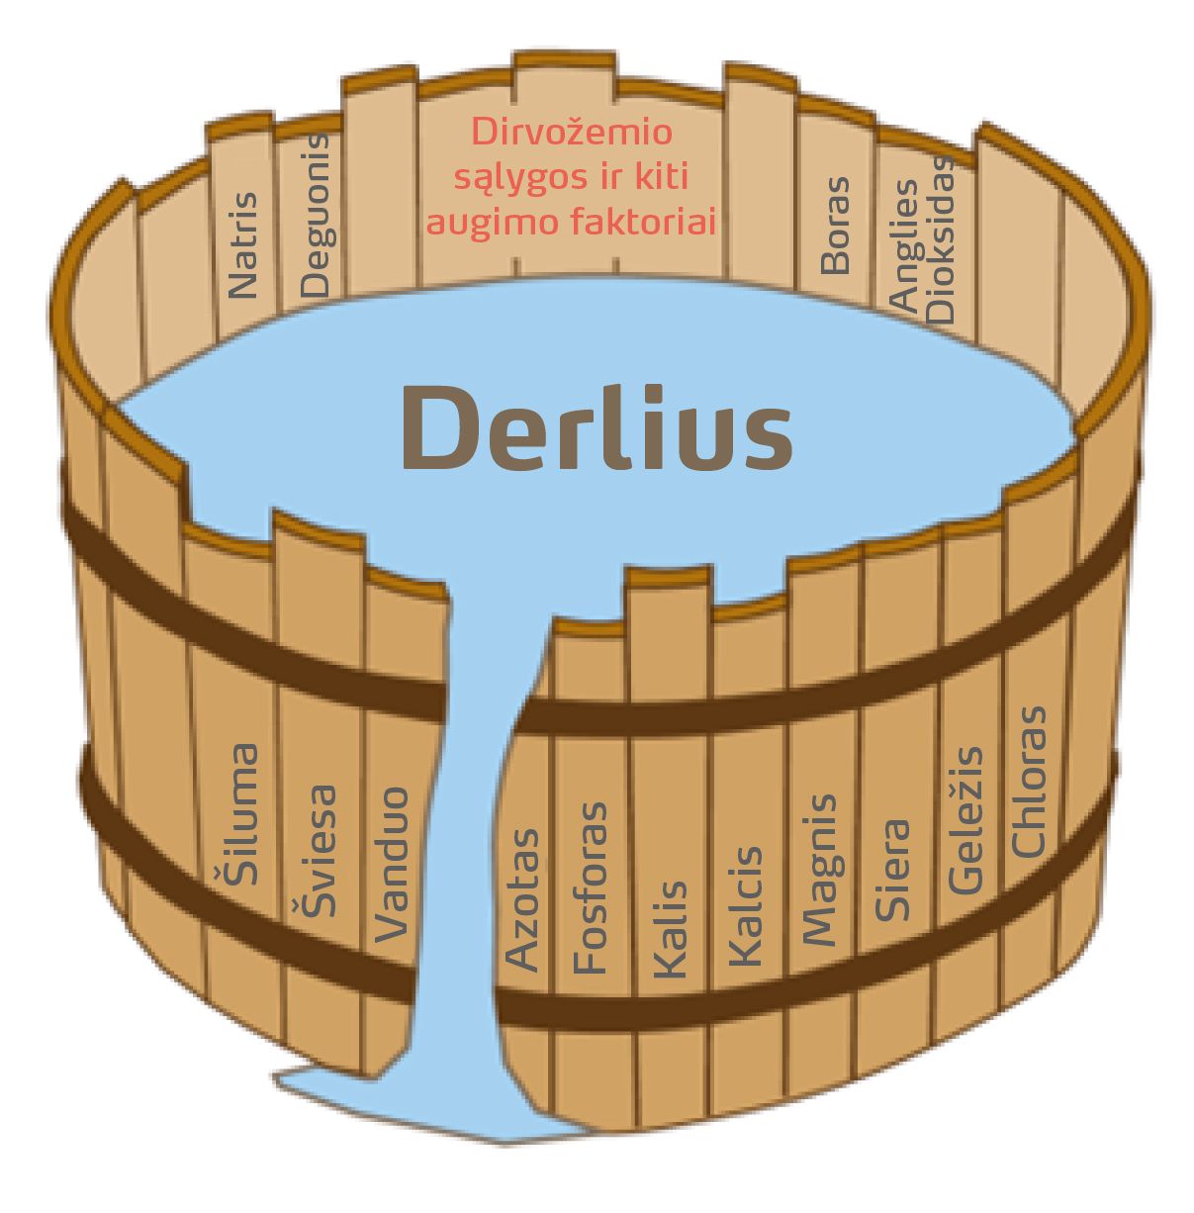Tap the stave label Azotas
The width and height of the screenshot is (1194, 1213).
click(522, 899)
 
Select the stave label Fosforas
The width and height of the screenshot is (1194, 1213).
click(591, 888)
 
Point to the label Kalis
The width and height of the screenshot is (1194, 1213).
click(670, 930)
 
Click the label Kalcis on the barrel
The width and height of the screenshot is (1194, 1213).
click(746, 906)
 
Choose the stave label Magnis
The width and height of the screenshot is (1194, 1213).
click(819, 870)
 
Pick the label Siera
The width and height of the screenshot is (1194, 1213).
click(892, 871)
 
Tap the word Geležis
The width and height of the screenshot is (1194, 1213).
click(965, 821)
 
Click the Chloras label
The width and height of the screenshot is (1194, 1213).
click(1029, 782)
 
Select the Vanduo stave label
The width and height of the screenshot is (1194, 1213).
click(393, 864)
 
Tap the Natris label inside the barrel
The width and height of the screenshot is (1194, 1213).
click(242, 245)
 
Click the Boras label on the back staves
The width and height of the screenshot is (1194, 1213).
click(836, 226)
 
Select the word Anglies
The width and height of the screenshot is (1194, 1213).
click(905, 245)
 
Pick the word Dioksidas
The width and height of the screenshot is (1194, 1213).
click(941, 240)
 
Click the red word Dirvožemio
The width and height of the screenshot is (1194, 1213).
click(572, 133)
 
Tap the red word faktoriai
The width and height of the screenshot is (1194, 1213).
click(643, 222)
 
